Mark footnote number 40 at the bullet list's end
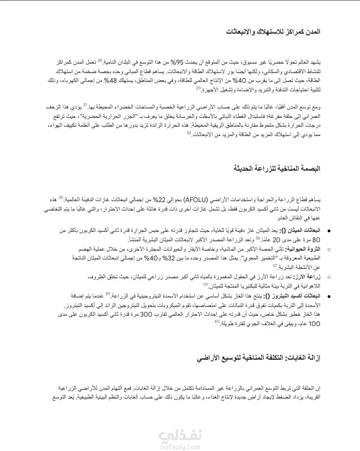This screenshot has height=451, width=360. click(x=217, y=321)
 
